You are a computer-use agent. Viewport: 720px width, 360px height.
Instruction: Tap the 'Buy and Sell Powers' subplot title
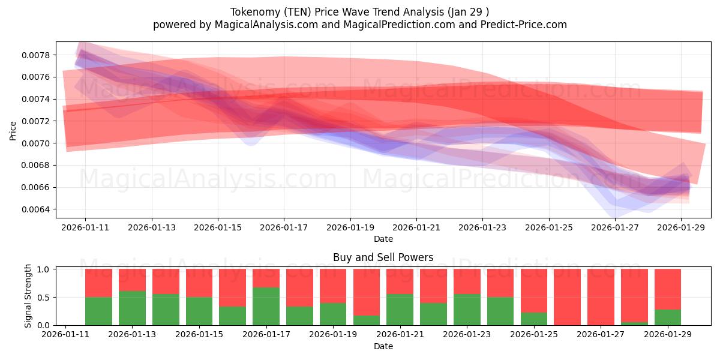(383, 257)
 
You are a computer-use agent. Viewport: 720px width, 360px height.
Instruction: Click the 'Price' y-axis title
(13, 130)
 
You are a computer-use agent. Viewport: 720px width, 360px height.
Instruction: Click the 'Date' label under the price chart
(383, 239)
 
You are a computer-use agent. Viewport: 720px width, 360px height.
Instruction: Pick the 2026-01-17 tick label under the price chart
(284, 227)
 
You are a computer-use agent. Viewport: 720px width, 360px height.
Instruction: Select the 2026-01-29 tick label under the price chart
(682, 227)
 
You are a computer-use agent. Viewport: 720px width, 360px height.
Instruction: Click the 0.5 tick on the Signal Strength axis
(44, 297)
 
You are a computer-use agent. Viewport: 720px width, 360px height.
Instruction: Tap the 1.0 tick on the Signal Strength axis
(44, 269)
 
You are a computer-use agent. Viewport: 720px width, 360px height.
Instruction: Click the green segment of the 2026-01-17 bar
(266, 306)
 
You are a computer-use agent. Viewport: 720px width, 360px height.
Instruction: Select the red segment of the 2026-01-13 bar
(132, 280)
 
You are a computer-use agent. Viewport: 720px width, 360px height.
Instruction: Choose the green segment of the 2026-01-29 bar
(667, 317)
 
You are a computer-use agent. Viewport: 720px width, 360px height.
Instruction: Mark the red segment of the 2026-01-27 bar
(601, 296)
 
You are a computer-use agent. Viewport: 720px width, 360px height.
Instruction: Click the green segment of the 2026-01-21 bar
(400, 310)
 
